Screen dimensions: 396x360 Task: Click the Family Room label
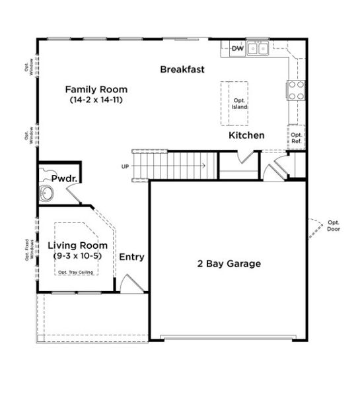click(x=96, y=89)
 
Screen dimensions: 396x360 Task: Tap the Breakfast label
click(x=182, y=69)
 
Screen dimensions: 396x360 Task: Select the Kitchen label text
click(x=246, y=135)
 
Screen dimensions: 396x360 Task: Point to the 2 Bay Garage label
click(x=229, y=263)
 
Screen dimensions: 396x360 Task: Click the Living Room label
click(x=77, y=245)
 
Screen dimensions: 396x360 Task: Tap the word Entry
click(x=132, y=257)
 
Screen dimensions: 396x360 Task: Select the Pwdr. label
click(x=65, y=179)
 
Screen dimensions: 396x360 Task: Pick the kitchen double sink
click(x=258, y=48)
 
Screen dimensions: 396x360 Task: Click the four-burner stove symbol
click(x=295, y=90)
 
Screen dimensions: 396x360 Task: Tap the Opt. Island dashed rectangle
click(x=238, y=104)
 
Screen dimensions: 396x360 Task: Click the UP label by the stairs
click(x=125, y=166)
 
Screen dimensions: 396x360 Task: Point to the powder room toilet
click(x=46, y=194)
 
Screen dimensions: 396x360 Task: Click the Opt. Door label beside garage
click(x=334, y=226)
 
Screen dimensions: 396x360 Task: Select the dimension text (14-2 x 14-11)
click(x=96, y=100)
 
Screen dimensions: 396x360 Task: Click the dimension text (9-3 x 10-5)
click(x=77, y=255)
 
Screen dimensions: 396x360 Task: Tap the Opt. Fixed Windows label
click(x=30, y=249)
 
